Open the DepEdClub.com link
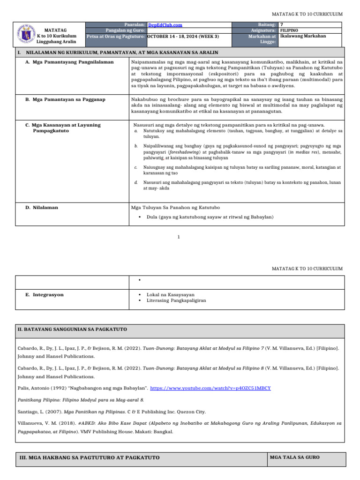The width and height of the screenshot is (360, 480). point(165,25)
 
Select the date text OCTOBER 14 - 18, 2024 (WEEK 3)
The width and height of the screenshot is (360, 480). point(183,36)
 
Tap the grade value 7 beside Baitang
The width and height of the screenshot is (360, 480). point(281,24)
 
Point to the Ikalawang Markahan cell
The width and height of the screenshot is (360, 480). point(303,36)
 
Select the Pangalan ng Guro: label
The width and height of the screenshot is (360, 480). point(125,30)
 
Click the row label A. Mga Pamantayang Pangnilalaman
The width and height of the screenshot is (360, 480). point(69,62)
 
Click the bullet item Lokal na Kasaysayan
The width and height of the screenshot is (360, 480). point(170,295)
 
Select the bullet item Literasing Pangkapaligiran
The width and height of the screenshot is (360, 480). point(176,300)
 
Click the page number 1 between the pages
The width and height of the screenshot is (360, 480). point(179,237)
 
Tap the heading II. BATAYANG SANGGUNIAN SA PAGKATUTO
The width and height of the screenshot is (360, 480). point(72,330)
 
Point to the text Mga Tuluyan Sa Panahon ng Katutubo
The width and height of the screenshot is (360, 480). point(177,207)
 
